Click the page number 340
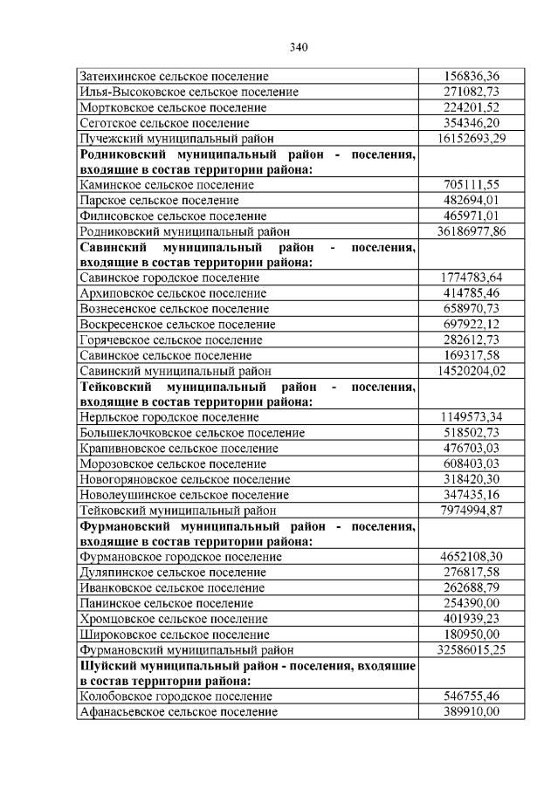(298, 46)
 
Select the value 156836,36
(471, 76)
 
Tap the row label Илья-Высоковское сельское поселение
(189, 92)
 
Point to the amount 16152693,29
(471, 139)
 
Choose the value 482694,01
(471, 201)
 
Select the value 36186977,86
(471, 231)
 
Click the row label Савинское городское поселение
(169, 278)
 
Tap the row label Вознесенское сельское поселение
(174, 309)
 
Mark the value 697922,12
(471, 325)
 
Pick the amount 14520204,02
(471, 371)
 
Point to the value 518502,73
(471, 433)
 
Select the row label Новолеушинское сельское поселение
(185, 495)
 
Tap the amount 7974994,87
(471, 511)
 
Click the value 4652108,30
(471, 557)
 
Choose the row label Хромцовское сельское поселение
(174, 619)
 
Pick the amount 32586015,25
(471, 650)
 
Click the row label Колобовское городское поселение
(176, 696)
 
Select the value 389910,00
(471, 712)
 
